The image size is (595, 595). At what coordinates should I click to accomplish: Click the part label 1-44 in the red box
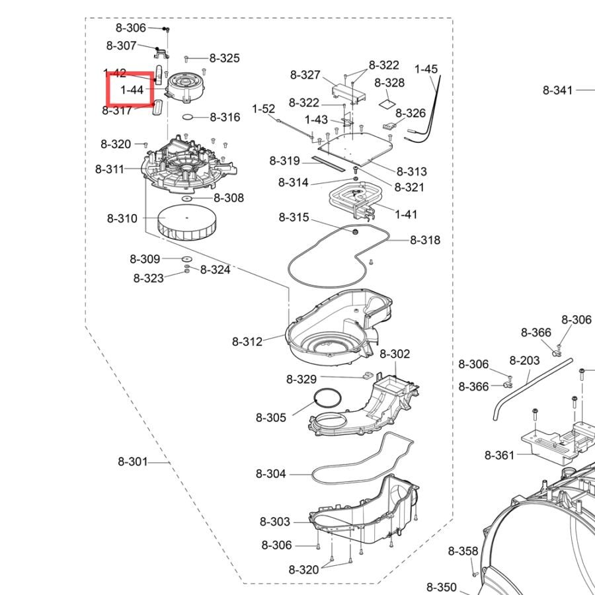(132, 90)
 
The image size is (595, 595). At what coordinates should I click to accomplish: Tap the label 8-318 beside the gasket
(425, 240)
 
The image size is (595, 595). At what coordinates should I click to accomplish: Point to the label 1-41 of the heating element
(406, 214)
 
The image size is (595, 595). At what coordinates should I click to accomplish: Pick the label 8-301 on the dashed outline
(132, 462)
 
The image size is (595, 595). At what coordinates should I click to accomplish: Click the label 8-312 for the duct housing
(247, 342)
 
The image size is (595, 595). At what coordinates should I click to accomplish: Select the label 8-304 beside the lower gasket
(270, 473)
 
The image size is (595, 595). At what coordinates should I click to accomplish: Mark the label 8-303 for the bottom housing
(275, 522)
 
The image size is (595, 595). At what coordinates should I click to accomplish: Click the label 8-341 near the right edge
(557, 91)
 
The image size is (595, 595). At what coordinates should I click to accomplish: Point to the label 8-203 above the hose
(524, 360)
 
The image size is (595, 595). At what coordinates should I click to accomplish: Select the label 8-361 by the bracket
(499, 455)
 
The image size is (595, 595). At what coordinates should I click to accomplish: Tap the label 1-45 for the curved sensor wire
(426, 69)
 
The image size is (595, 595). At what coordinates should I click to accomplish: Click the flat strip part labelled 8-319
(328, 163)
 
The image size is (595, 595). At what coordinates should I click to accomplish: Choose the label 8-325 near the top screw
(225, 58)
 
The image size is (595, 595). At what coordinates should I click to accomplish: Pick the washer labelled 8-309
(186, 258)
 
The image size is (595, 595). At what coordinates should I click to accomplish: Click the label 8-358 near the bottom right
(463, 551)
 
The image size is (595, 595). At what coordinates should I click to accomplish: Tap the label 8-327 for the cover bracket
(305, 75)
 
